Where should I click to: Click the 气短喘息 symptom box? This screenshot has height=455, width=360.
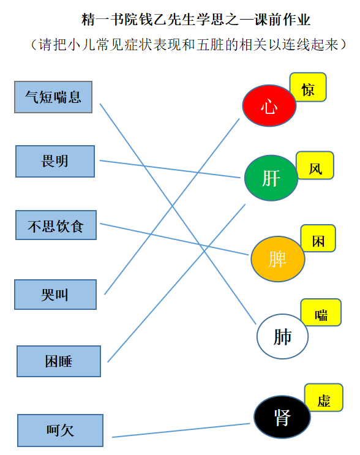(x=53, y=97)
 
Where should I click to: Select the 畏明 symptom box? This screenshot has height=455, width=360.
(x=55, y=161)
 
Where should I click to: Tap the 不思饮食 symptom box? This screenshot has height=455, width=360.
(x=56, y=225)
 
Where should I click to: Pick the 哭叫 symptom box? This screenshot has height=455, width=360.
(x=55, y=295)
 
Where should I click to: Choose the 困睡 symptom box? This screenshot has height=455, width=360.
(x=59, y=361)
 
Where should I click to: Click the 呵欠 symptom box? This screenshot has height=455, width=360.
(x=61, y=431)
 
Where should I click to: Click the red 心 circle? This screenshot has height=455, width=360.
(x=269, y=105)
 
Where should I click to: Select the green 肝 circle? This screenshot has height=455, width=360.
(x=271, y=178)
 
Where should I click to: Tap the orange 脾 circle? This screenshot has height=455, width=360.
(x=278, y=259)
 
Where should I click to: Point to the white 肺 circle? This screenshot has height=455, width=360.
(x=282, y=336)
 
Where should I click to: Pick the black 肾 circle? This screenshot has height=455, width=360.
(x=282, y=417)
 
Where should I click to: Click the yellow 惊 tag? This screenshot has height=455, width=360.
(x=308, y=88)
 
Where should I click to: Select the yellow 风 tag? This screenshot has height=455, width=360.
(x=315, y=165)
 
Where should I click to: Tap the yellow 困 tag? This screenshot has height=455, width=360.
(x=318, y=239)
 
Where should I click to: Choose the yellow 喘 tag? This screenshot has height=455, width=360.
(x=321, y=312)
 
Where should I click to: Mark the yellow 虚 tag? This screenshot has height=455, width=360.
(x=324, y=398)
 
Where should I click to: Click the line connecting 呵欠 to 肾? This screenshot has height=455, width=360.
(x=181, y=431)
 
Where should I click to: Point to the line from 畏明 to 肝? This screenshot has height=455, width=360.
(x=170, y=169)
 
